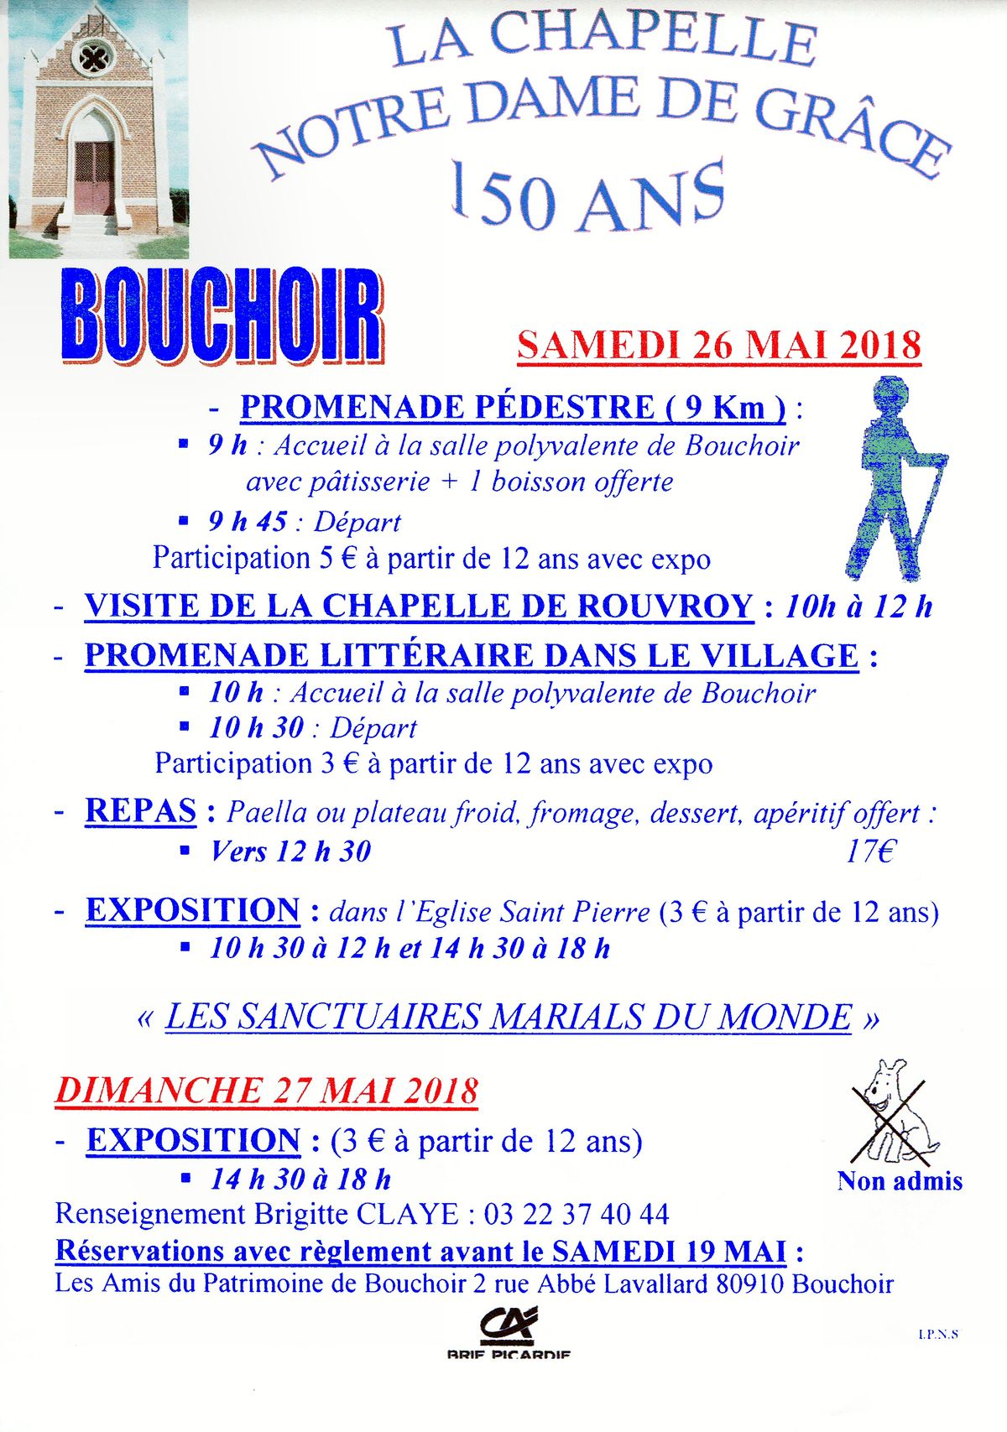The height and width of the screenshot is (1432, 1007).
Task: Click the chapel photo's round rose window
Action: [x=93, y=58]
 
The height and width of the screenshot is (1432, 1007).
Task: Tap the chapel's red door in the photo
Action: [x=93, y=178]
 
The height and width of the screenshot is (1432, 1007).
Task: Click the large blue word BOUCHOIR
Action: [x=222, y=316]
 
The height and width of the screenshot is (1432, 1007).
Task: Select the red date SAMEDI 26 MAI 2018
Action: [x=719, y=346]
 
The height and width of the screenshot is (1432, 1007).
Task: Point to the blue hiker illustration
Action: [x=892, y=476]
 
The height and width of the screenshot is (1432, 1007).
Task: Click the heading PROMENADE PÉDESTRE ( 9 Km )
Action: [x=513, y=408]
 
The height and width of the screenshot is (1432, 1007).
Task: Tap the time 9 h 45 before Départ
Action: [x=248, y=522]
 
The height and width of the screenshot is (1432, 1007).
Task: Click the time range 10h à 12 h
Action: [x=858, y=607]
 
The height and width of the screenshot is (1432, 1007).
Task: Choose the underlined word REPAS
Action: [x=140, y=811]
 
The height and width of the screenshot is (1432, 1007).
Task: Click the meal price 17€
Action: [x=870, y=851]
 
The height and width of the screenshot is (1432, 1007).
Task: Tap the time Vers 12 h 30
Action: [x=290, y=851]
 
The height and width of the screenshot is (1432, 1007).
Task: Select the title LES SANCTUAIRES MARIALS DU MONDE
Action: [x=508, y=1017]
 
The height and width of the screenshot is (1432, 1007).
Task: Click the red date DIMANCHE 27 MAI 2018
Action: [x=267, y=1091]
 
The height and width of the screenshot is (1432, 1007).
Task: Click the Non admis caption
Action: [x=900, y=1181]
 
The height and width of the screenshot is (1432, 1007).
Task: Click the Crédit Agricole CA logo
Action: [x=508, y=1325]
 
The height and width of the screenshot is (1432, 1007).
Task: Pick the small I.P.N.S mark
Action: [x=938, y=1334]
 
